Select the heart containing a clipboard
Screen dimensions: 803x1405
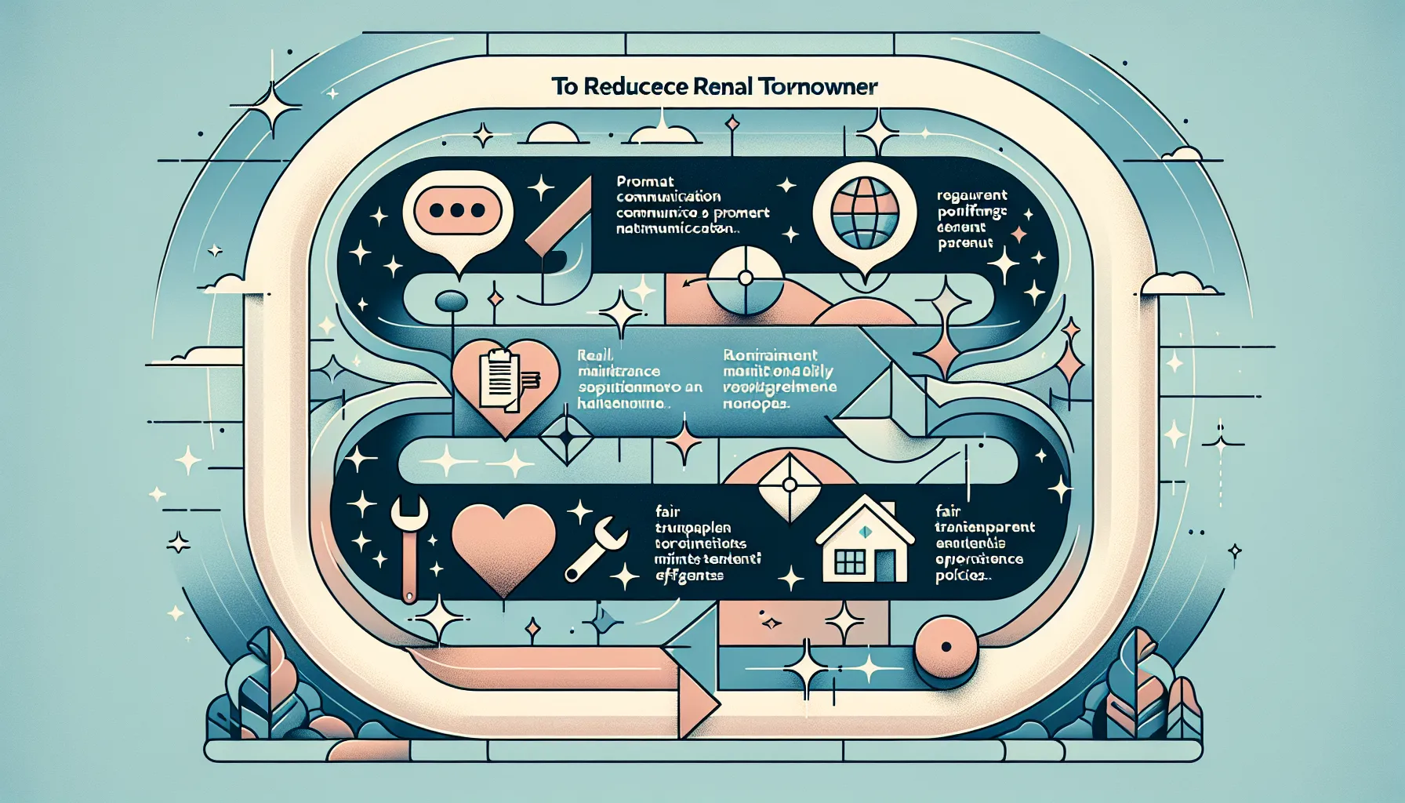pyautogui.click(x=506, y=384)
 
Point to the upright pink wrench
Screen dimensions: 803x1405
pyautogui.click(x=409, y=545)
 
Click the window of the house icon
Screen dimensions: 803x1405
pyautogui.click(x=850, y=561)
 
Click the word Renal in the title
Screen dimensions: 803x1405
pyautogui.click(x=724, y=86)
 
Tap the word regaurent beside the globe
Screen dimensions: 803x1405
pyautogui.click(x=972, y=195)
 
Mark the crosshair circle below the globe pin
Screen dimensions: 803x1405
pyautogui.click(x=746, y=278)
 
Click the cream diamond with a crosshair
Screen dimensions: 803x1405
pyautogui.click(x=789, y=484)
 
